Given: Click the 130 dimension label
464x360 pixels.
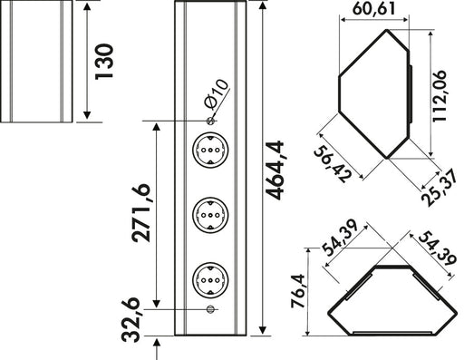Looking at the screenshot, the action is tap(104, 62).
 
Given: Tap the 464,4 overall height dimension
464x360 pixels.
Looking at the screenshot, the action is tap(275, 170).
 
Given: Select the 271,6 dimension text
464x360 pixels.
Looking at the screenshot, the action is tap(140, 213).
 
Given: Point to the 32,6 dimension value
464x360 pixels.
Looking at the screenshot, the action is tap(130, 320).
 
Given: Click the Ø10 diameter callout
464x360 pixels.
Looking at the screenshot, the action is tap(217, 94).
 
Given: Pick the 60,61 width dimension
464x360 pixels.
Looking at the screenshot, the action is tap(374, 8).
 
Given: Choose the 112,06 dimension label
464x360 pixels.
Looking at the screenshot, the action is tap(440, 96).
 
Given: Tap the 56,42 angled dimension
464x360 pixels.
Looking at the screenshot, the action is tap(333, 164).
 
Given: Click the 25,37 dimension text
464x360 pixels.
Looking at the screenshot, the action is tap(440, 188).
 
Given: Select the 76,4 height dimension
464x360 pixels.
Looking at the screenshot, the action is tap(298, 291).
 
